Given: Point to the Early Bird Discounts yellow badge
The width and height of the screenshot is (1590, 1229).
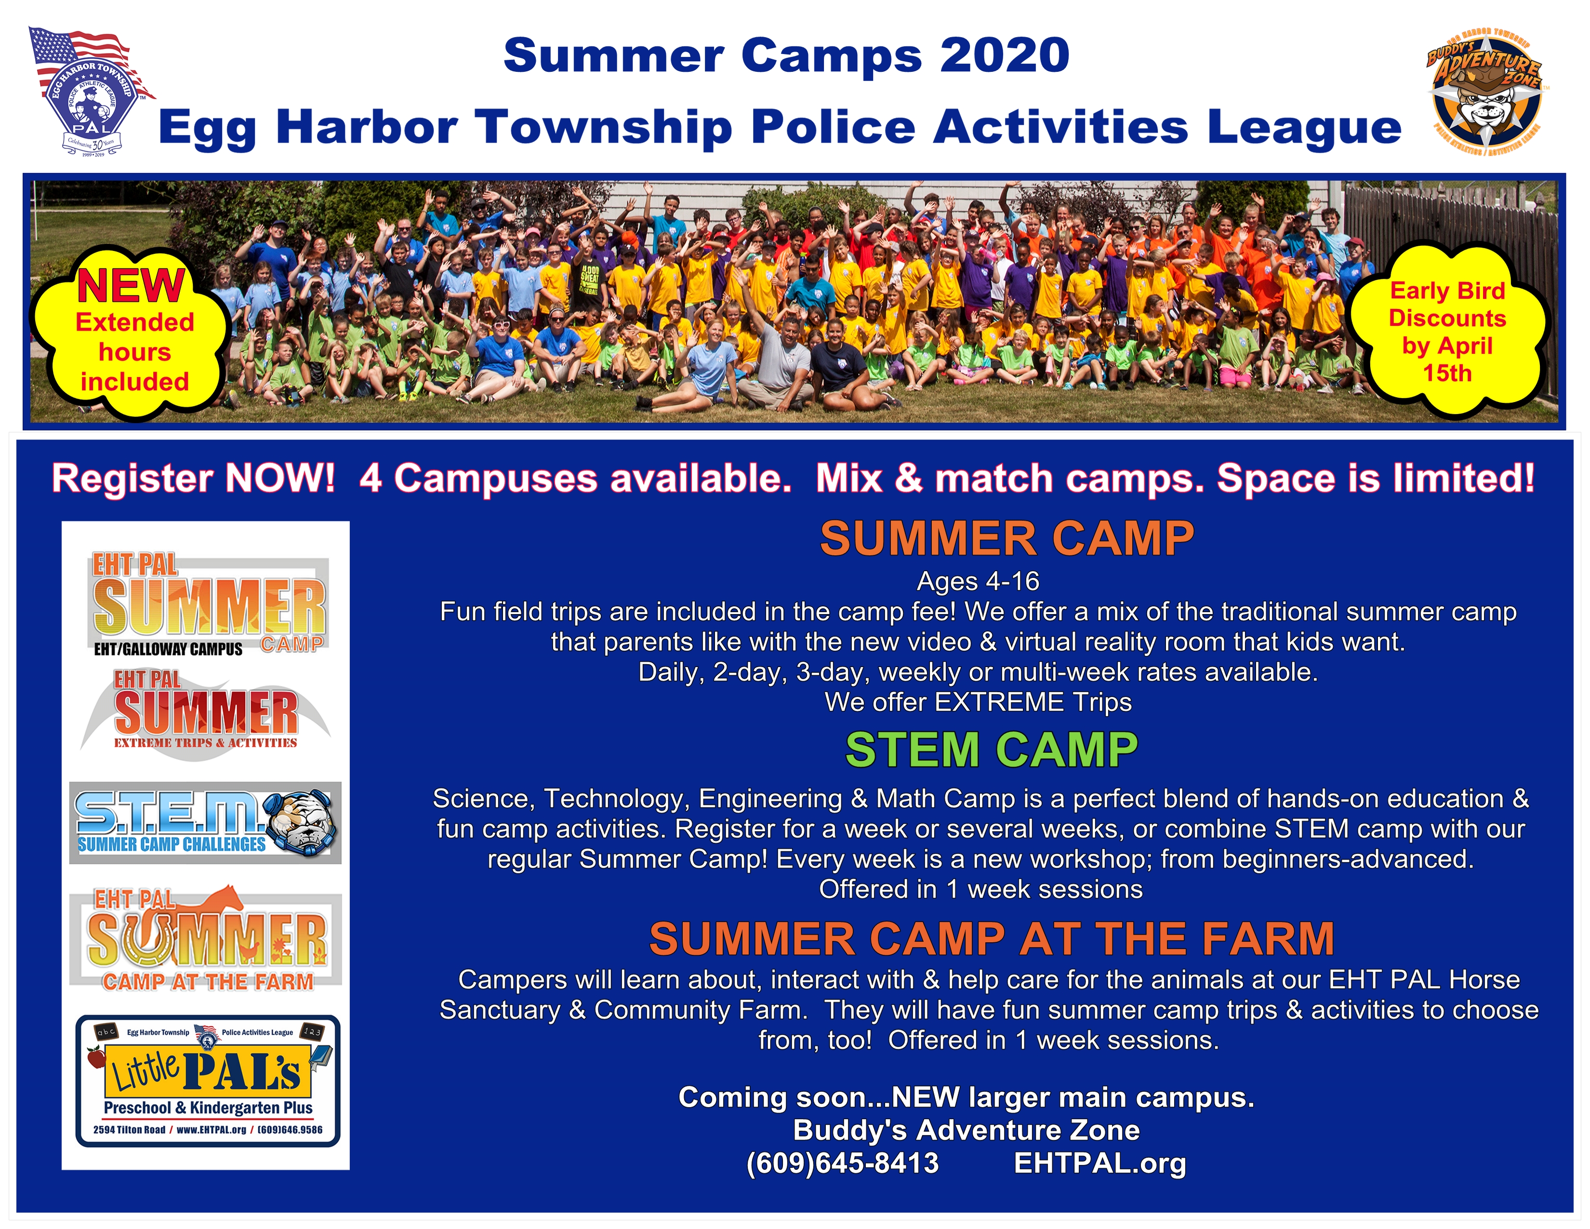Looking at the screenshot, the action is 1447,331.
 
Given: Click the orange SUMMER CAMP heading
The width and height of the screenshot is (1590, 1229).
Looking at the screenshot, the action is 1007,539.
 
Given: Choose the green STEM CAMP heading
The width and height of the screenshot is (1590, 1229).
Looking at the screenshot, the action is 992,750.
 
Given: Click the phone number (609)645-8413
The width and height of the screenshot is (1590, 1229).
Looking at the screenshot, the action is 842,1163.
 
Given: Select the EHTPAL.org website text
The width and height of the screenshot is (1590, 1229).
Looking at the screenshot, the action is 1100,1163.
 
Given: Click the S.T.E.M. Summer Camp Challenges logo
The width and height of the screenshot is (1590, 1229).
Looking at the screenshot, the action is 205,823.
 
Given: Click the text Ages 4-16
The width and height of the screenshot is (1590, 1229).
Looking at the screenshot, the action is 978,581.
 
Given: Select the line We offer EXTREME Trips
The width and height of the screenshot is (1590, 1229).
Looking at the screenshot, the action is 978,702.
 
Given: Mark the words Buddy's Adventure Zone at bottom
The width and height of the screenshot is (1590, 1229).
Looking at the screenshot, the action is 966,1130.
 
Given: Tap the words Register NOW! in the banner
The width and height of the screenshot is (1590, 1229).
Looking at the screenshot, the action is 194,479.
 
